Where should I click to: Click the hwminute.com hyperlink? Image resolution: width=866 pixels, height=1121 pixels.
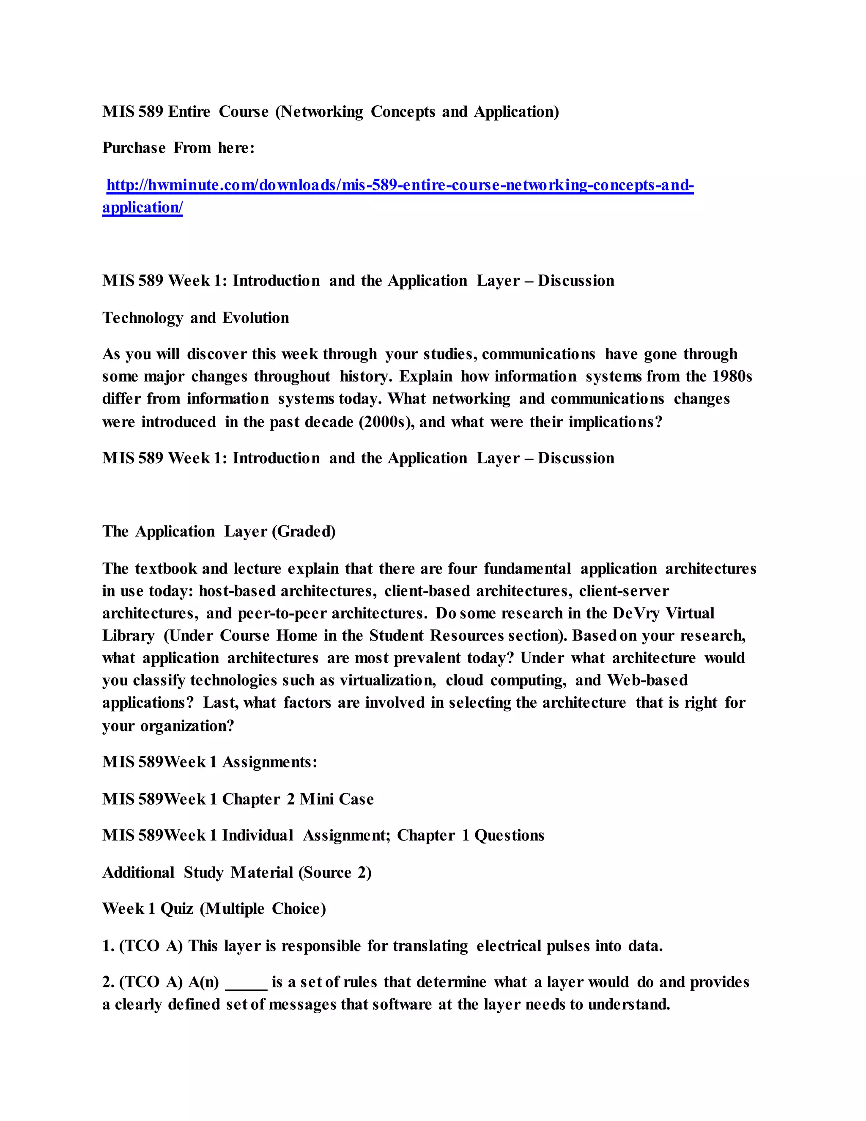[400, 185]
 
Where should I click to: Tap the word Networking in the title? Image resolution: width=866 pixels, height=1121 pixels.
[322, 112]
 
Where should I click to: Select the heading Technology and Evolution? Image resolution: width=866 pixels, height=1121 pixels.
[195, 318]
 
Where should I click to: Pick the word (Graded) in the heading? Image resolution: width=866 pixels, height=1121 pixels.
[306, 532]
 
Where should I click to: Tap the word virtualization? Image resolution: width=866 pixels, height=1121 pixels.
[388, 681]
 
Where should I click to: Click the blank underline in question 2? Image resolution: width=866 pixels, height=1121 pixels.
[246, 982]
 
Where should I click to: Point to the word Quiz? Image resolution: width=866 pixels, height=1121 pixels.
[176, 909]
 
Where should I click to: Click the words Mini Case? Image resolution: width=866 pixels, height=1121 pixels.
[337, 799]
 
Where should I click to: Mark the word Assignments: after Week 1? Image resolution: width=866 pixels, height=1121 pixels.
[269, 762]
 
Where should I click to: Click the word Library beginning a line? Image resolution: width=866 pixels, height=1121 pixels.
[128, 636]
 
